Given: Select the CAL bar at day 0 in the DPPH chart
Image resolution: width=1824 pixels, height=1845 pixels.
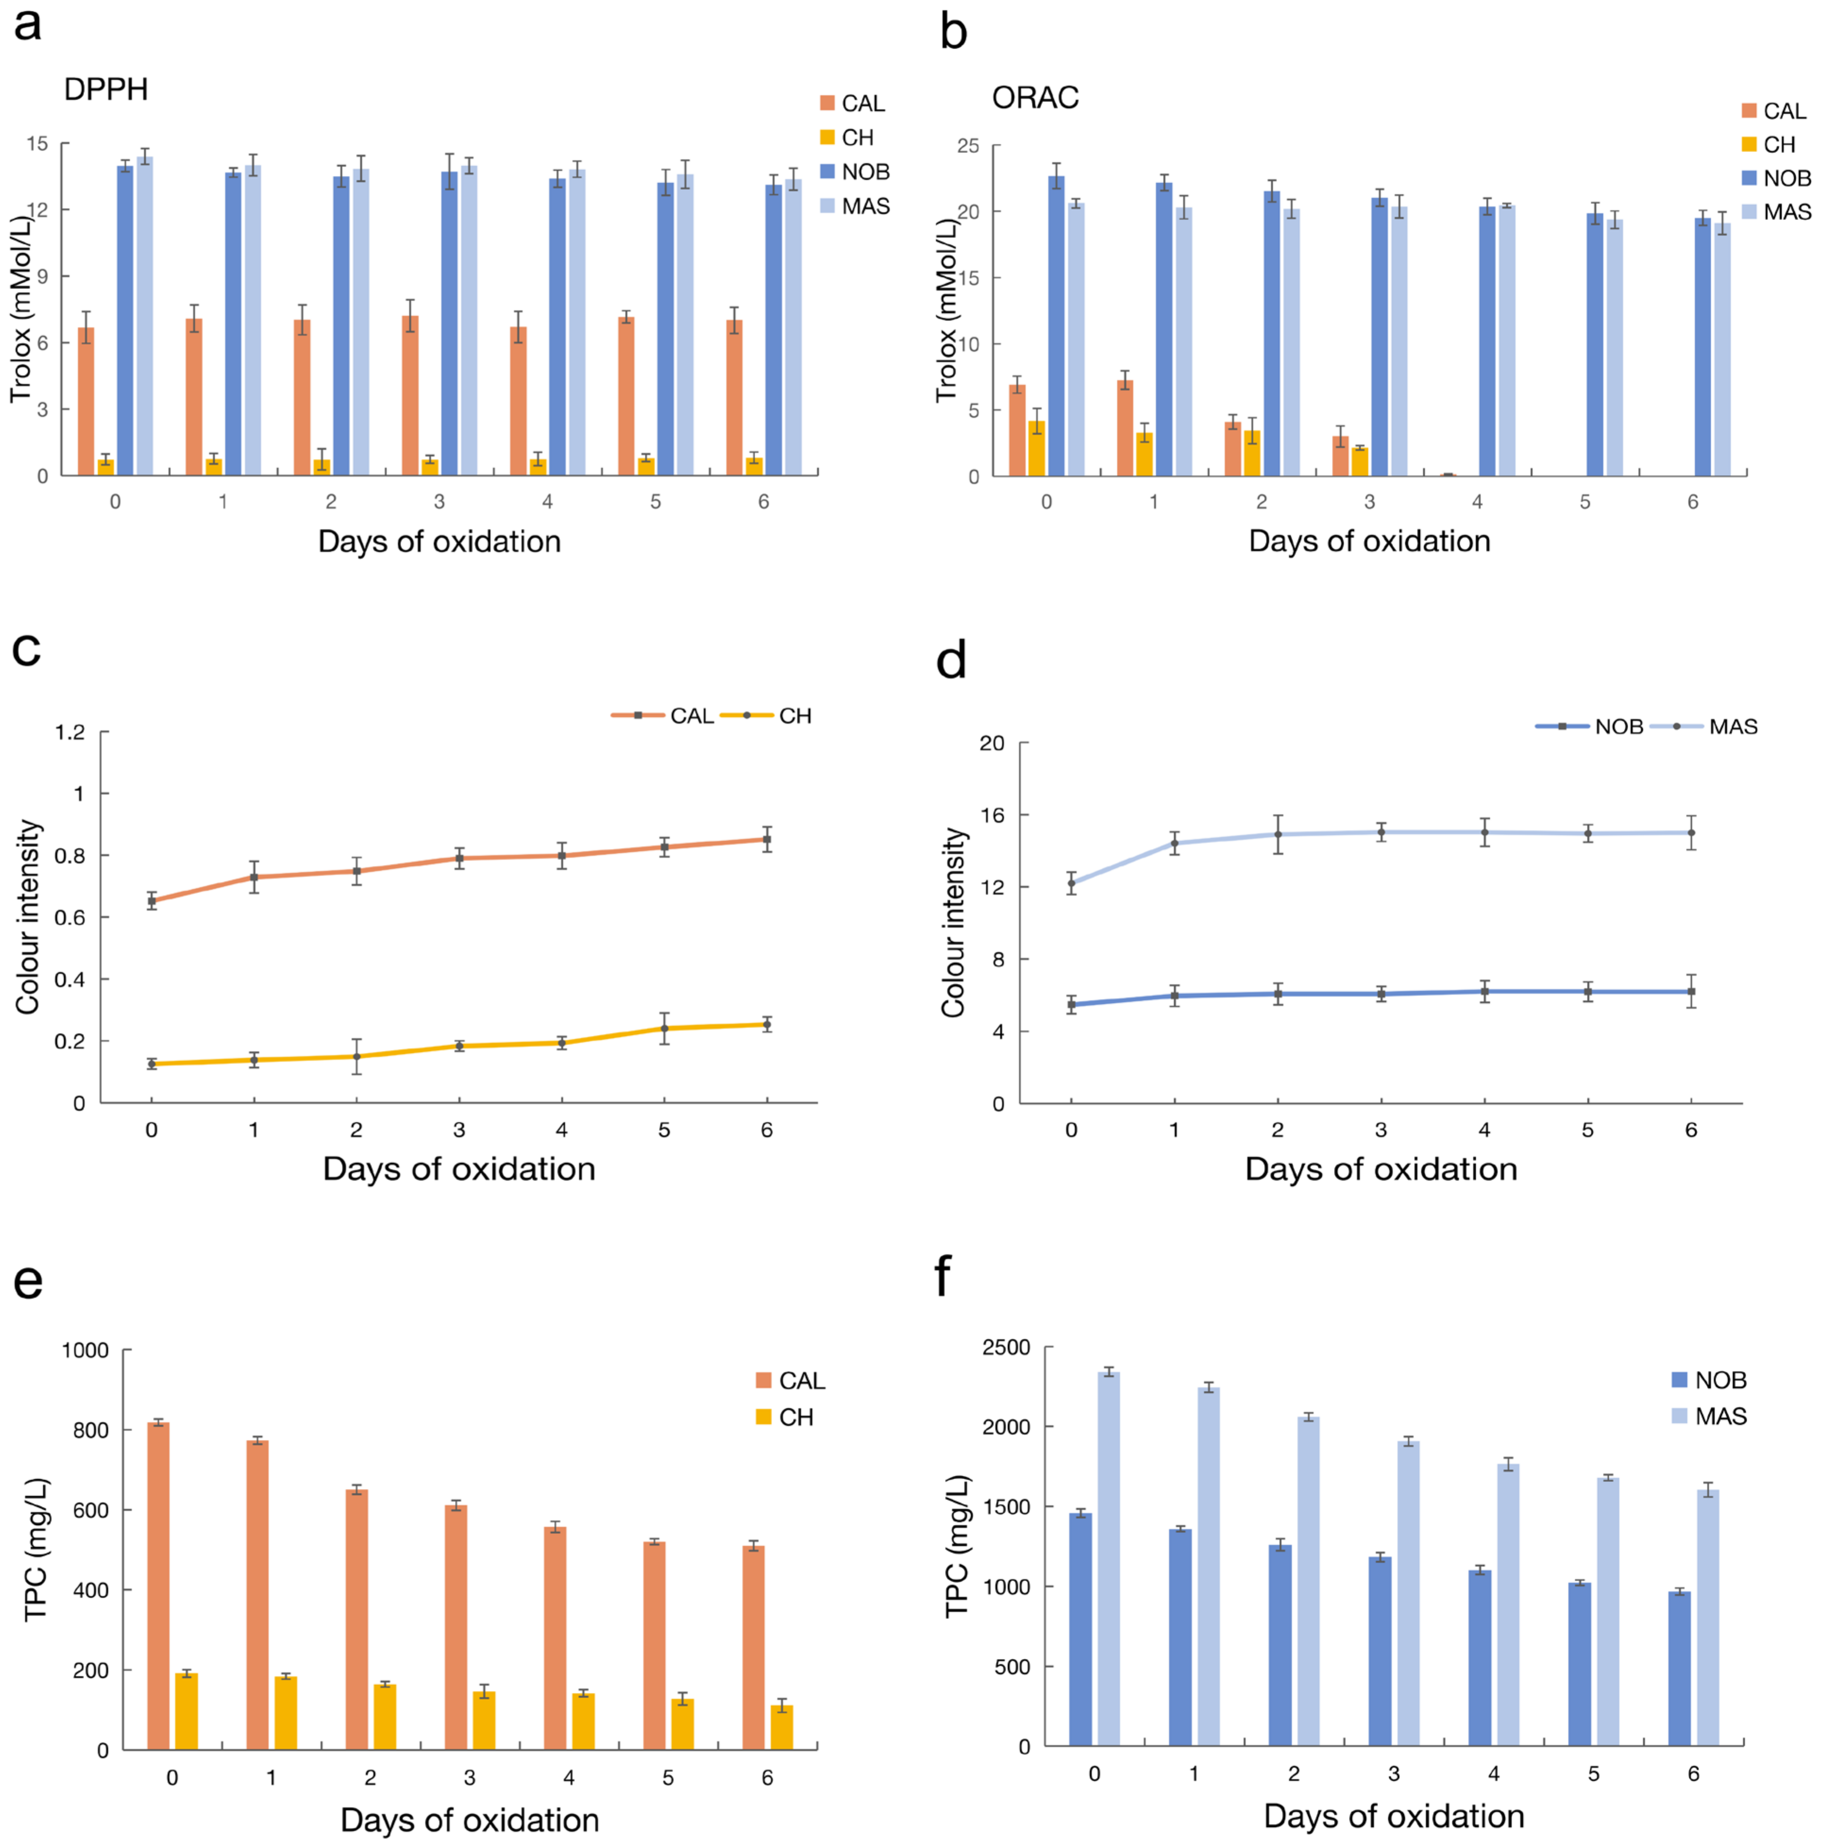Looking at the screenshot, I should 86,401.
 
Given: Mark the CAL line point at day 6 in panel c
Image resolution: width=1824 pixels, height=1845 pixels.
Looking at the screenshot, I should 766,839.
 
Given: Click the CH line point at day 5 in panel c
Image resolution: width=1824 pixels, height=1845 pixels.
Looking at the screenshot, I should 664,1029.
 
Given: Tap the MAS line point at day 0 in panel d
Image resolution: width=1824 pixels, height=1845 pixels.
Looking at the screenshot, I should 1072,883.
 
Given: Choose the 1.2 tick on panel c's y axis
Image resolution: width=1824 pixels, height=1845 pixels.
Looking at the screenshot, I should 70,732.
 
